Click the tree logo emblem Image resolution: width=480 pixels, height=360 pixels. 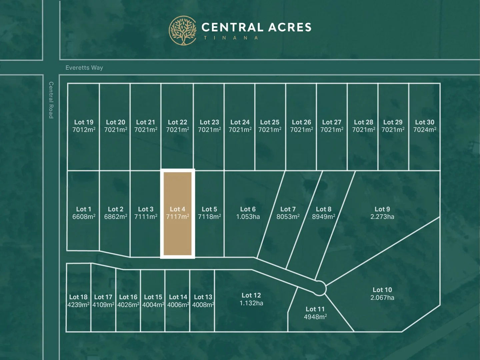pyautogui.click(x=183, y=30)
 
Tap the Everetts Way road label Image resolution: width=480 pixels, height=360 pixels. pyautogui.click(x=84, y=68)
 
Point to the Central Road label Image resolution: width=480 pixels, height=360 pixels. pyautogui.click(x=51, y=100)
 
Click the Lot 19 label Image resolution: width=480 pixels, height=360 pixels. pyautogui.click(x=84, y=122)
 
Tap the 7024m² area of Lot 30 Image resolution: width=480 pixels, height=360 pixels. pyautogui.click(x=425, y=130)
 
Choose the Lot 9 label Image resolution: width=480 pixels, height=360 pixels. pyautogui.click(x=382, y=209)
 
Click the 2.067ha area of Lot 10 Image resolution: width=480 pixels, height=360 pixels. pyautogui.click(x=382, y=298)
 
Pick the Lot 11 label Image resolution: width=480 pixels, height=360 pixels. pyautogui.click(x=315, y=309)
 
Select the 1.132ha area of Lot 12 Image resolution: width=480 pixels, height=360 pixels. pyautogui.click(x=251, y=303)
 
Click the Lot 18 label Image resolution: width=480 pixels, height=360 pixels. pyautogui.click(x=78, y=297)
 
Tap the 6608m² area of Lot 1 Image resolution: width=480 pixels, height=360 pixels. pyautogui.click(x=84, y=217)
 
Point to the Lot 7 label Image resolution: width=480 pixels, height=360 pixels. pyautogui.click(x=288, y=209)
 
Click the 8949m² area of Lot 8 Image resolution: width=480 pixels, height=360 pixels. pyautogui.click(x=323, y=217)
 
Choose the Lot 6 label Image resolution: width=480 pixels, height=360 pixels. pyautogui.click(x=248, y=209)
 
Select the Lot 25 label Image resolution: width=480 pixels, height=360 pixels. pyautogui.click(x=270, y=122)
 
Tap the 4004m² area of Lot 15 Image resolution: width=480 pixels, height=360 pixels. pyautogui.click(x=153, y=305)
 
